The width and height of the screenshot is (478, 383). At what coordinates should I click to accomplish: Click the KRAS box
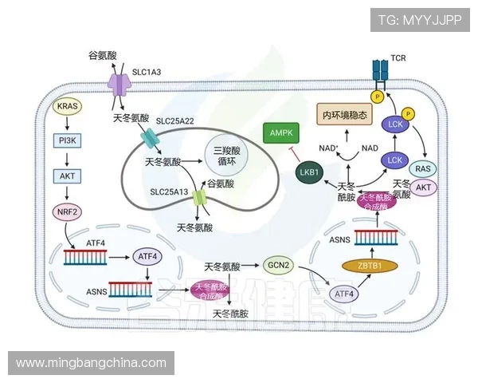tap(68, 106)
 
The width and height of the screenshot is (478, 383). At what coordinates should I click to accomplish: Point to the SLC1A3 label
tap(146, 73)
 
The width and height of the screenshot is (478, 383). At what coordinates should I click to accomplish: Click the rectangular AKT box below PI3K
tap(68, 176)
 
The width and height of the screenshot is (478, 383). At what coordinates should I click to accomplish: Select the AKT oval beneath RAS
tap(425, 188)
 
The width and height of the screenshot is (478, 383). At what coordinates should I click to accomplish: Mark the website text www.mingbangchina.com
tap(91, 363)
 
